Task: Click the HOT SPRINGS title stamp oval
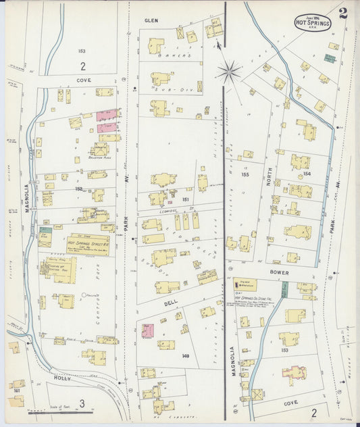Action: click(x=313, y=22)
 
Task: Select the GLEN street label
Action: click(x=151, y=21)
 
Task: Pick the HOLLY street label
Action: click(x=63, y=380)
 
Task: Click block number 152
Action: click(x=79, y=189)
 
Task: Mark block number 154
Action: click(x=307, y=174)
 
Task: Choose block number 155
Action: click(x=245, y=174)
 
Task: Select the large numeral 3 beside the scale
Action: click(x=82, y=404)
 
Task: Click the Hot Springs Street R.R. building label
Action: click(x=88, y=240)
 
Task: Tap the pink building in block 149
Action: click(x=147, y=330)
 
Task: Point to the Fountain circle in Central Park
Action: click(x=84, y=295)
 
